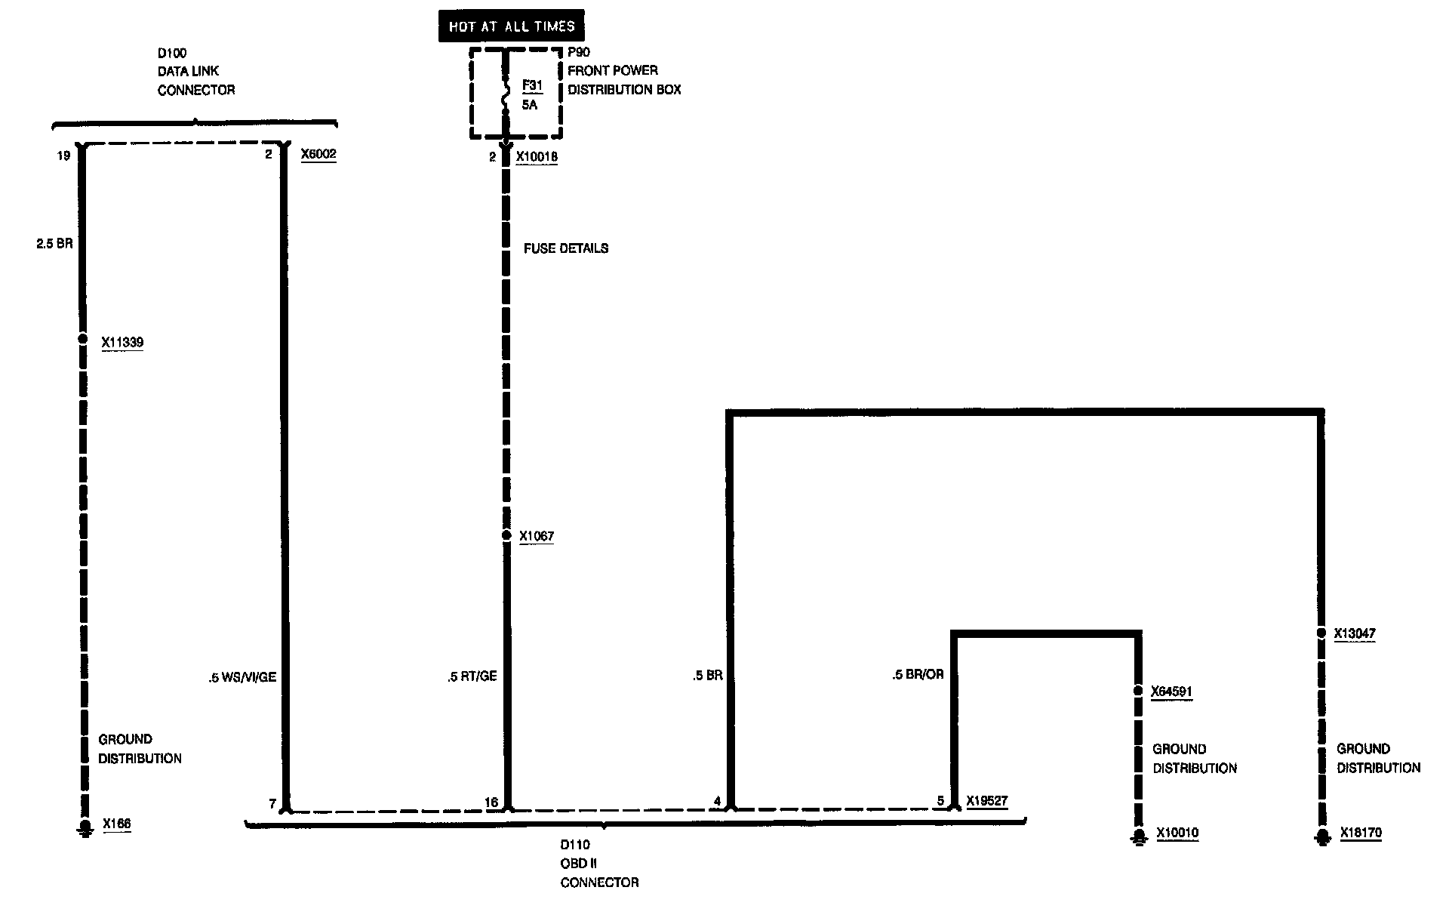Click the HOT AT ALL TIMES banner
click(x=512, y=26)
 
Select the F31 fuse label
click(x=532, y=86)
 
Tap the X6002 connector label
click(x=318, y=155)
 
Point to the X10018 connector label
click(x=537, y=157)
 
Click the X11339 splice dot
click(x=83, y=339)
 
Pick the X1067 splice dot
click(x=506, y=535)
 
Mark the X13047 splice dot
click(x=1321, y=633)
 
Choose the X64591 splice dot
click(x=1138, y=691)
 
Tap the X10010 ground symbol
click(x=1138, y=837)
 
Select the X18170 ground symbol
click(x=1321, y=837)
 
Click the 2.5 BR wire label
click(x=54, y=245)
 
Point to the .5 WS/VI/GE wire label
click(x=242, y=677)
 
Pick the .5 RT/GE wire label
click(x=472, y=676)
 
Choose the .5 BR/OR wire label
click(x=918, y=674)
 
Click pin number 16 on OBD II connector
click(x=491, y=802)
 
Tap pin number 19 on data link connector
click(x=63, y=156)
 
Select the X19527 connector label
click(x=987, y=801)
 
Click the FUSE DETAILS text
click(x=566, y=248)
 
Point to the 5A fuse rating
click(x=530, y=105)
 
